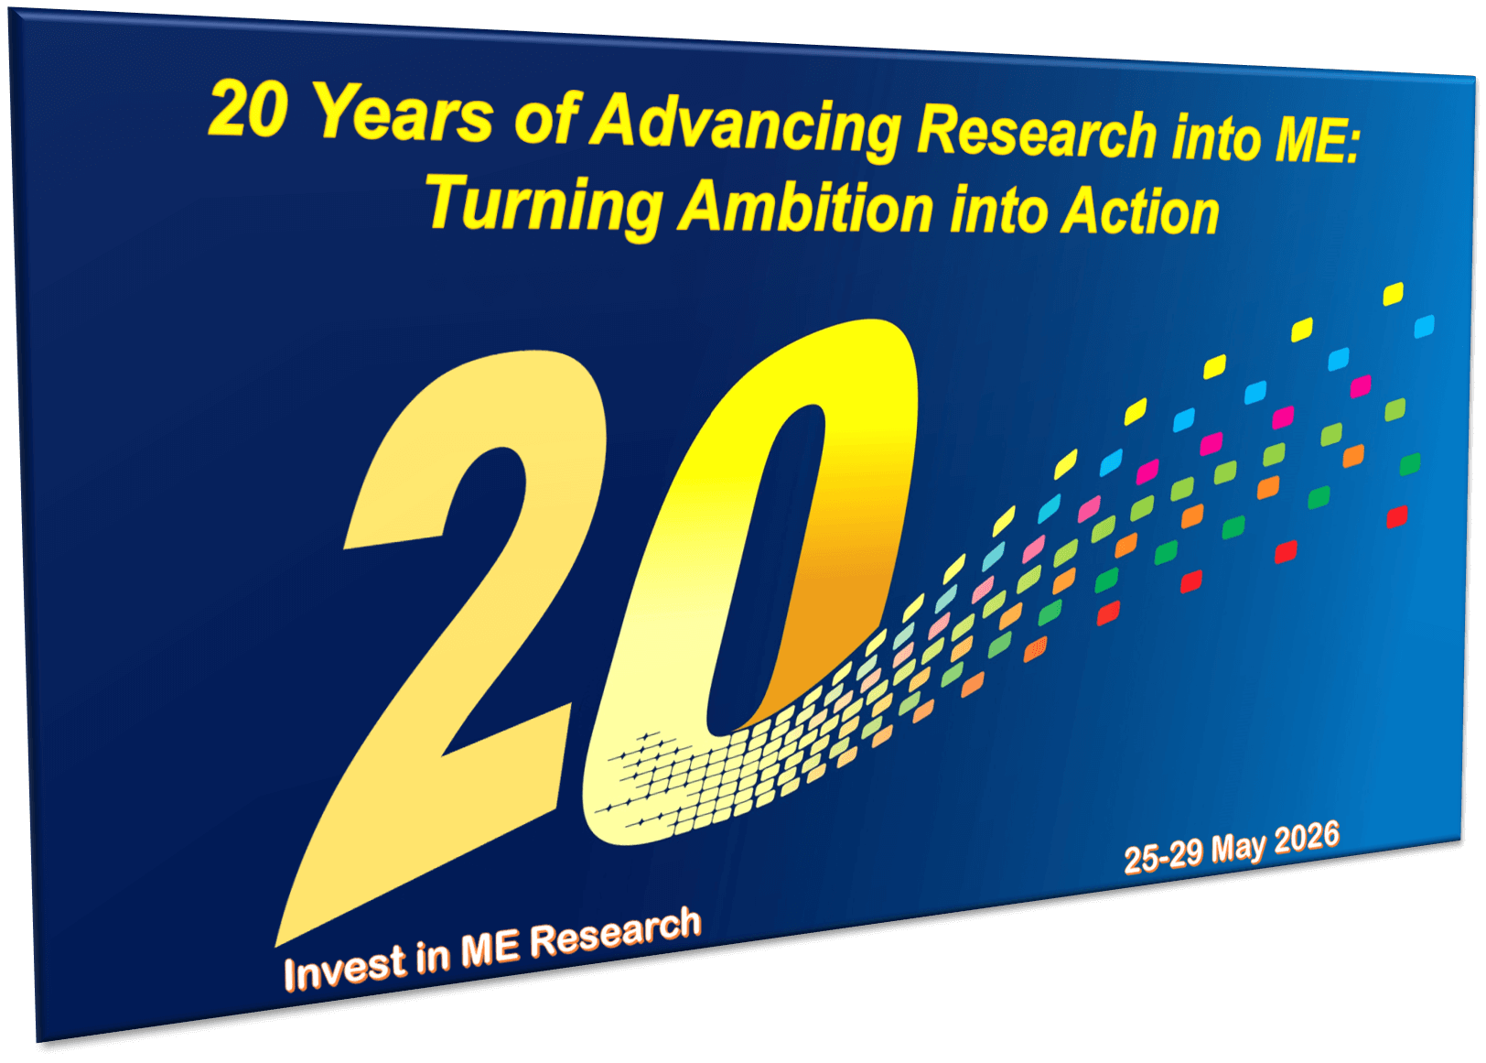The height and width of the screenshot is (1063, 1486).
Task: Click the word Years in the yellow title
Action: click(x=403, y=115)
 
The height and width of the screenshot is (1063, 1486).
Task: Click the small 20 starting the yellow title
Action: click(x=248, y=110)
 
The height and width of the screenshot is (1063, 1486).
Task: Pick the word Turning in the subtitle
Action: click(x=544, y=203)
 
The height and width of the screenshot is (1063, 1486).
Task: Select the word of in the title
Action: click(x=545, y=119)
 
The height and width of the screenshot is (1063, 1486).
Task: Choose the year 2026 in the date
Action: click(x=1306, y=838)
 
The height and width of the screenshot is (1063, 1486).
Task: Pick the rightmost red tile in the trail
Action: click(x=1396, y=517)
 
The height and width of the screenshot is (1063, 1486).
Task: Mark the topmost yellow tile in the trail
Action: click(x=1393, y=294)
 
